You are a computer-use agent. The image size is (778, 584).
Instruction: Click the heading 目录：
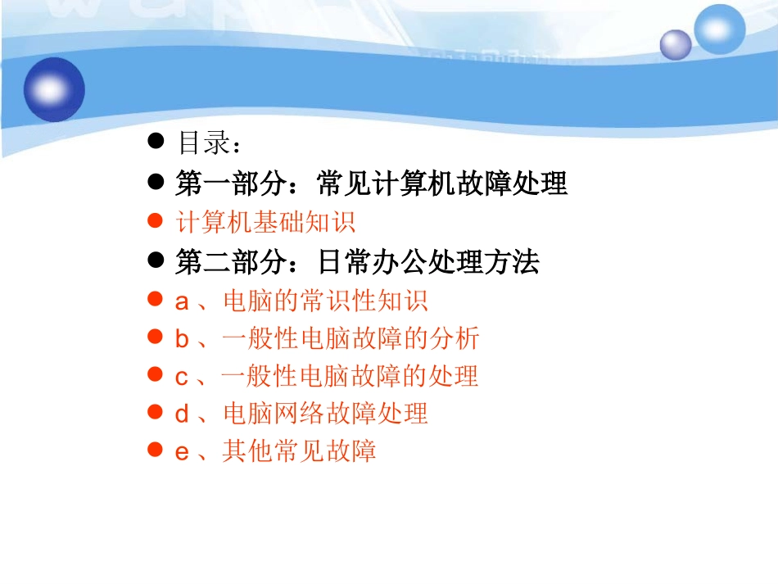(209, 143)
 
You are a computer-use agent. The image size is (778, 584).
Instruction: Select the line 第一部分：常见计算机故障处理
(370, 183)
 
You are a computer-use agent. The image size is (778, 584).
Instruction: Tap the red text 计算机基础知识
(265, 222)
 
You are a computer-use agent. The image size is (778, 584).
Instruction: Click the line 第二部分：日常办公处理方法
(357, 262)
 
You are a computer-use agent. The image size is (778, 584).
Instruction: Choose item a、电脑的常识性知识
(301, 301)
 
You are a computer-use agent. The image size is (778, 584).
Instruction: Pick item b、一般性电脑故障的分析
(327, 338)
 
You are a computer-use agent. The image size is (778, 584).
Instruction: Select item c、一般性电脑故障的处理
(327, 376)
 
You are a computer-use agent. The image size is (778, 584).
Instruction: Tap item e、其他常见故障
(275, 450)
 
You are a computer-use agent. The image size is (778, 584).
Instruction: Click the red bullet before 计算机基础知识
(155, 221)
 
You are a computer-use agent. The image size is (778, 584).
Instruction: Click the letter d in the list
(182, 414)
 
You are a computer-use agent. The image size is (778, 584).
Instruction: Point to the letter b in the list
(182, 338)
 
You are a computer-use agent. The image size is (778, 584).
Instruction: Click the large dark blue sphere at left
(55, 88)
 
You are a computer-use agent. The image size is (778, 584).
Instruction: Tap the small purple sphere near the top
(676, 44)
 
